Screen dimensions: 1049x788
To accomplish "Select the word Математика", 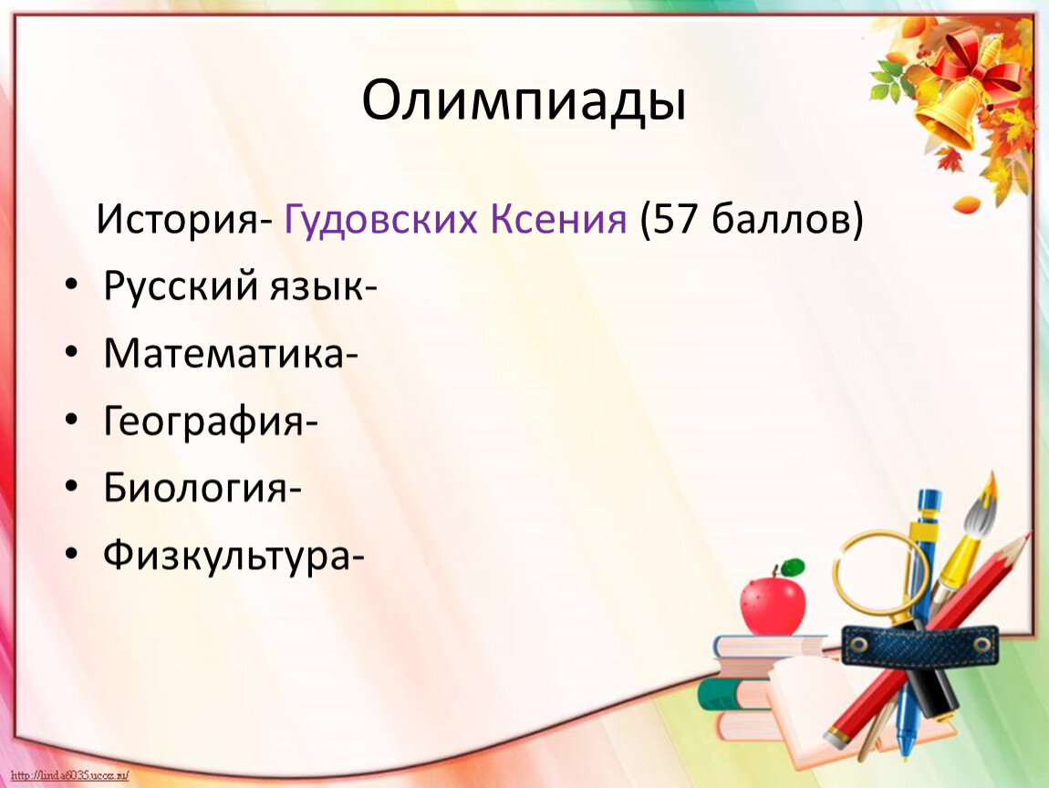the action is pos(223,354).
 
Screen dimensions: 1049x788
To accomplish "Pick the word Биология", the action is pos(195,488).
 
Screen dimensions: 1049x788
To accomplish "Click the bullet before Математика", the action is pos(71,352).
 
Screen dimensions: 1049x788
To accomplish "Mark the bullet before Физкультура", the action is pos(71,554).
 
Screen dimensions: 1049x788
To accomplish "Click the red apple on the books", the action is pos(773,607).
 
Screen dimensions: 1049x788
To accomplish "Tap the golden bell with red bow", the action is pos(958,100).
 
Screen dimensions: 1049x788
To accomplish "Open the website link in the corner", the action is pos(70,775).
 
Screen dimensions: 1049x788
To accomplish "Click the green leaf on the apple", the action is pos(793,566).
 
